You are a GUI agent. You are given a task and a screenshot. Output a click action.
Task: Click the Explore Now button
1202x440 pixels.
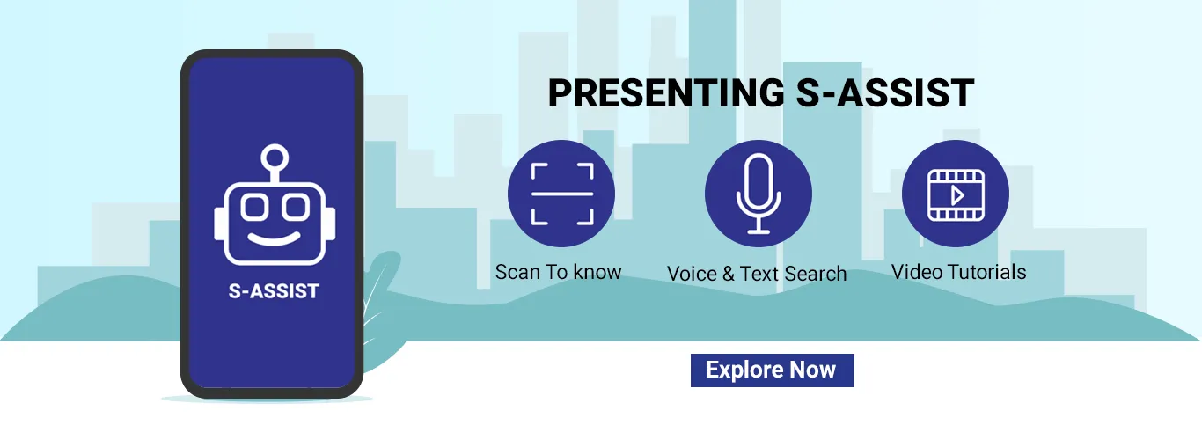click(x=773, y=370)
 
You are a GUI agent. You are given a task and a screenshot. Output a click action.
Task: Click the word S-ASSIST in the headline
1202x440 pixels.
click(x=885, y=92)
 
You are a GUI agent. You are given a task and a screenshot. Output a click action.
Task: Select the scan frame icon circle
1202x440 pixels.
click(x=561, y=194)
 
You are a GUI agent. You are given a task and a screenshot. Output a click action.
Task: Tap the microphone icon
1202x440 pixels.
click(x=759, y=194)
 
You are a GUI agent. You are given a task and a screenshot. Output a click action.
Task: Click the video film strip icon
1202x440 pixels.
click(x=956, y=195)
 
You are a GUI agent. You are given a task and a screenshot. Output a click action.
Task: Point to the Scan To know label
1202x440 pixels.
click(x=558, y=272)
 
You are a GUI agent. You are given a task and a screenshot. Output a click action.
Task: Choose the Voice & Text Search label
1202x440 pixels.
click(x=757, y=274)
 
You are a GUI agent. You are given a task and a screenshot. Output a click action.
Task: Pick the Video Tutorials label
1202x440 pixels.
click(x=958, y=272)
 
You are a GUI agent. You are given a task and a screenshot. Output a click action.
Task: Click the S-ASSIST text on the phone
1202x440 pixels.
click(x=274, y=290)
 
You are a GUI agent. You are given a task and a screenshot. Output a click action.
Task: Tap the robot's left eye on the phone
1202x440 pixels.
click(x=253, y=207)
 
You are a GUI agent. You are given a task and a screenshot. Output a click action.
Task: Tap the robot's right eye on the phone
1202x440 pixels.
click(x=296, y=207)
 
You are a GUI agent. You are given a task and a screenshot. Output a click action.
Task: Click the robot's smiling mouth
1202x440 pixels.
click(x=275, y=238)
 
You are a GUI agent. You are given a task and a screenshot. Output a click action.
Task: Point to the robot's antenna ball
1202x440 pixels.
click(x=275, y=158)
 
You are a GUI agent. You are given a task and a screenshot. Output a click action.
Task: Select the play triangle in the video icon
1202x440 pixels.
click(x=957, y=195)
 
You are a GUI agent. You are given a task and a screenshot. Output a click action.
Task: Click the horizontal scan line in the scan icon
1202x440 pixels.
click(x=561, y=194)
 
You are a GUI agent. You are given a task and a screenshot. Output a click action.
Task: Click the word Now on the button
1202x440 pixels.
click(x=812, y=370)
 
